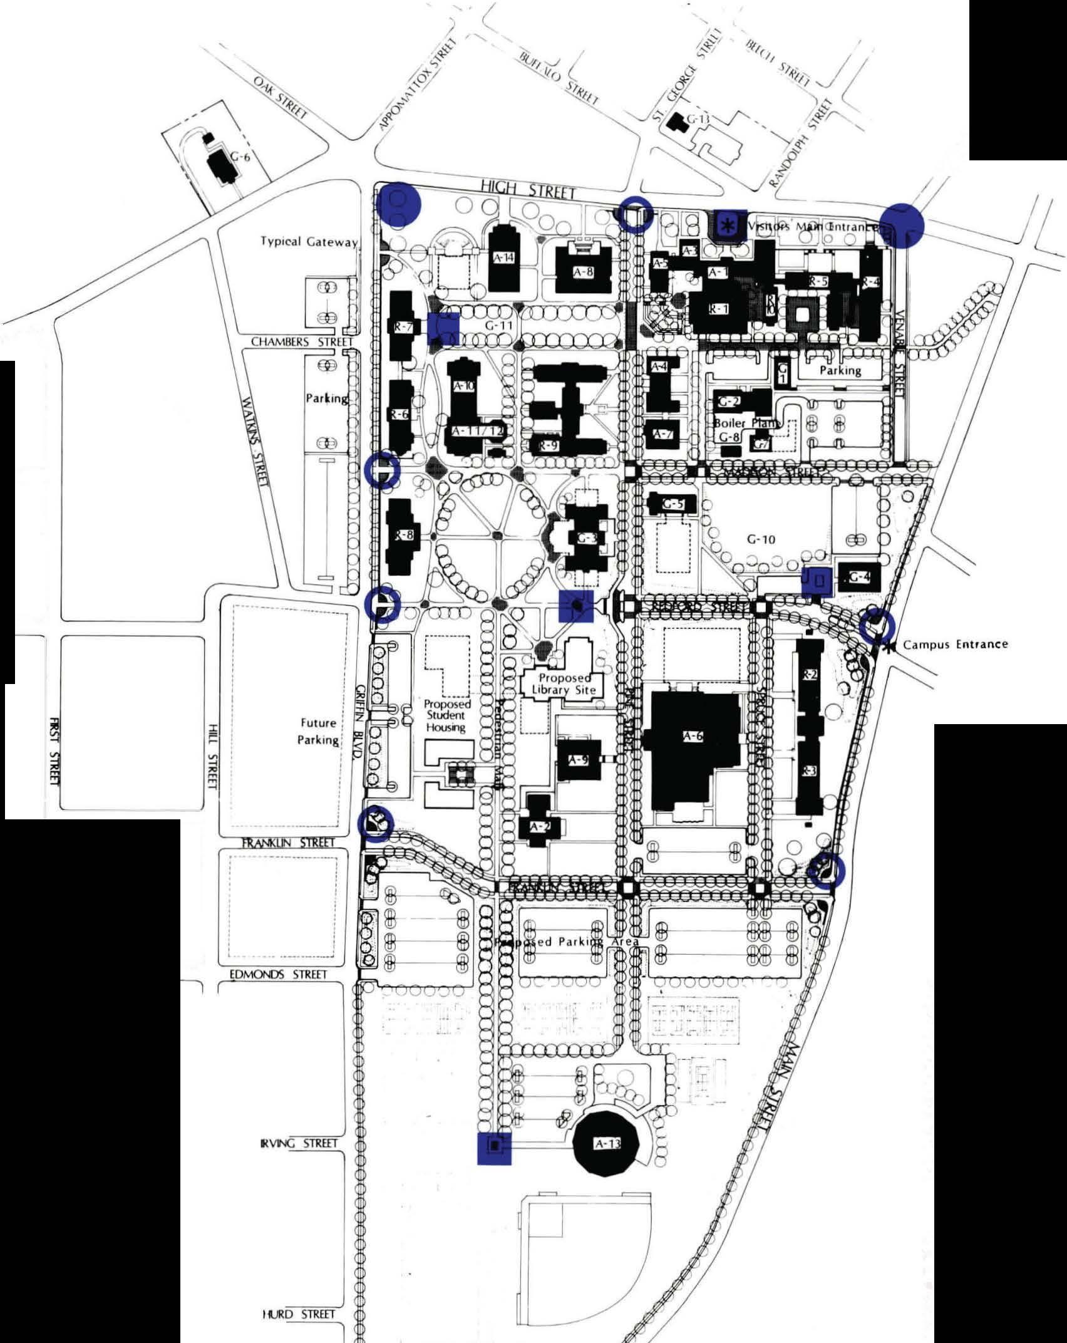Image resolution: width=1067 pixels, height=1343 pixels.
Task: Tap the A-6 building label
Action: tap(693, 737)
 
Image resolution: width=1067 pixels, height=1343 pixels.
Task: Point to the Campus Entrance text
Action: tap(955, 644)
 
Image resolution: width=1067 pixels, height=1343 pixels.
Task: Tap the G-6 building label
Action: tap(240, 157)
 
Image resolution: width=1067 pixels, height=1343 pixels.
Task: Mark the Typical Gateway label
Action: tap(309, 241)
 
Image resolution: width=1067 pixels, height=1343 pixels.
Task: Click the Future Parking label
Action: tap(318, 731)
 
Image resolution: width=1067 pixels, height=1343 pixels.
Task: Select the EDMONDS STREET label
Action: tap(278, 975)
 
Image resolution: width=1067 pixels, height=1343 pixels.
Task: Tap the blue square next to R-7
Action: tap(444, 328)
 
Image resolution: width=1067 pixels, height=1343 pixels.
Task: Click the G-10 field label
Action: tap(761, 539)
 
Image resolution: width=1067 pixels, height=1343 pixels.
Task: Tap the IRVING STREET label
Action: tap(299, 1143)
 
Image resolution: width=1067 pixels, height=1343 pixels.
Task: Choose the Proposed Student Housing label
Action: tap(446, 715)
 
